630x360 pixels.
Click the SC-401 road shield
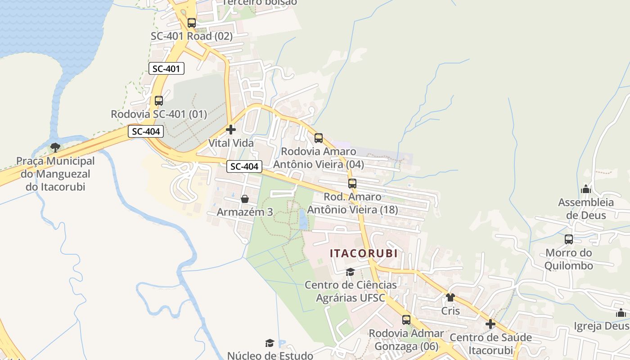coord(166,69)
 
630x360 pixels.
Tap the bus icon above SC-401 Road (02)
coord(192,23)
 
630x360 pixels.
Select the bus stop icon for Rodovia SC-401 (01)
coord(159,101)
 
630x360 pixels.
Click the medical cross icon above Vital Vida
coord(231,130)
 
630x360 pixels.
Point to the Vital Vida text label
coord(231,143)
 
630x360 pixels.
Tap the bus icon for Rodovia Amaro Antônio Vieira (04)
coord(319,138)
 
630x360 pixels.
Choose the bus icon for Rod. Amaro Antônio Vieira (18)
coord(352,184)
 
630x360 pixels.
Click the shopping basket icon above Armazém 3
coord(245,199)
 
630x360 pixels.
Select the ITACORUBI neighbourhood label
coord(364,253)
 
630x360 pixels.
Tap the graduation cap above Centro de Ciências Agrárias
coord(351,272)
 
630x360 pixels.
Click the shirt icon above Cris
coord(450,297)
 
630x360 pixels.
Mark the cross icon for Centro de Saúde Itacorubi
coord(490,324)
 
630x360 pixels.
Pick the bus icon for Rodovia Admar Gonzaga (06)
coord(406,320)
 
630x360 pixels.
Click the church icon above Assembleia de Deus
coord(586,189)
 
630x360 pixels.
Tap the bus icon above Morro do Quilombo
coord(569,239)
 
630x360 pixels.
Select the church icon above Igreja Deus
coord(621,313)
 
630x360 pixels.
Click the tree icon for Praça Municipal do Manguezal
coord(55,147)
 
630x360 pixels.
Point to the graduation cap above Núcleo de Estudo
coord(270,343)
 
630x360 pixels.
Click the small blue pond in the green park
coord(303,220)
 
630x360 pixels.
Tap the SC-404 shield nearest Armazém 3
coord(244,166)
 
